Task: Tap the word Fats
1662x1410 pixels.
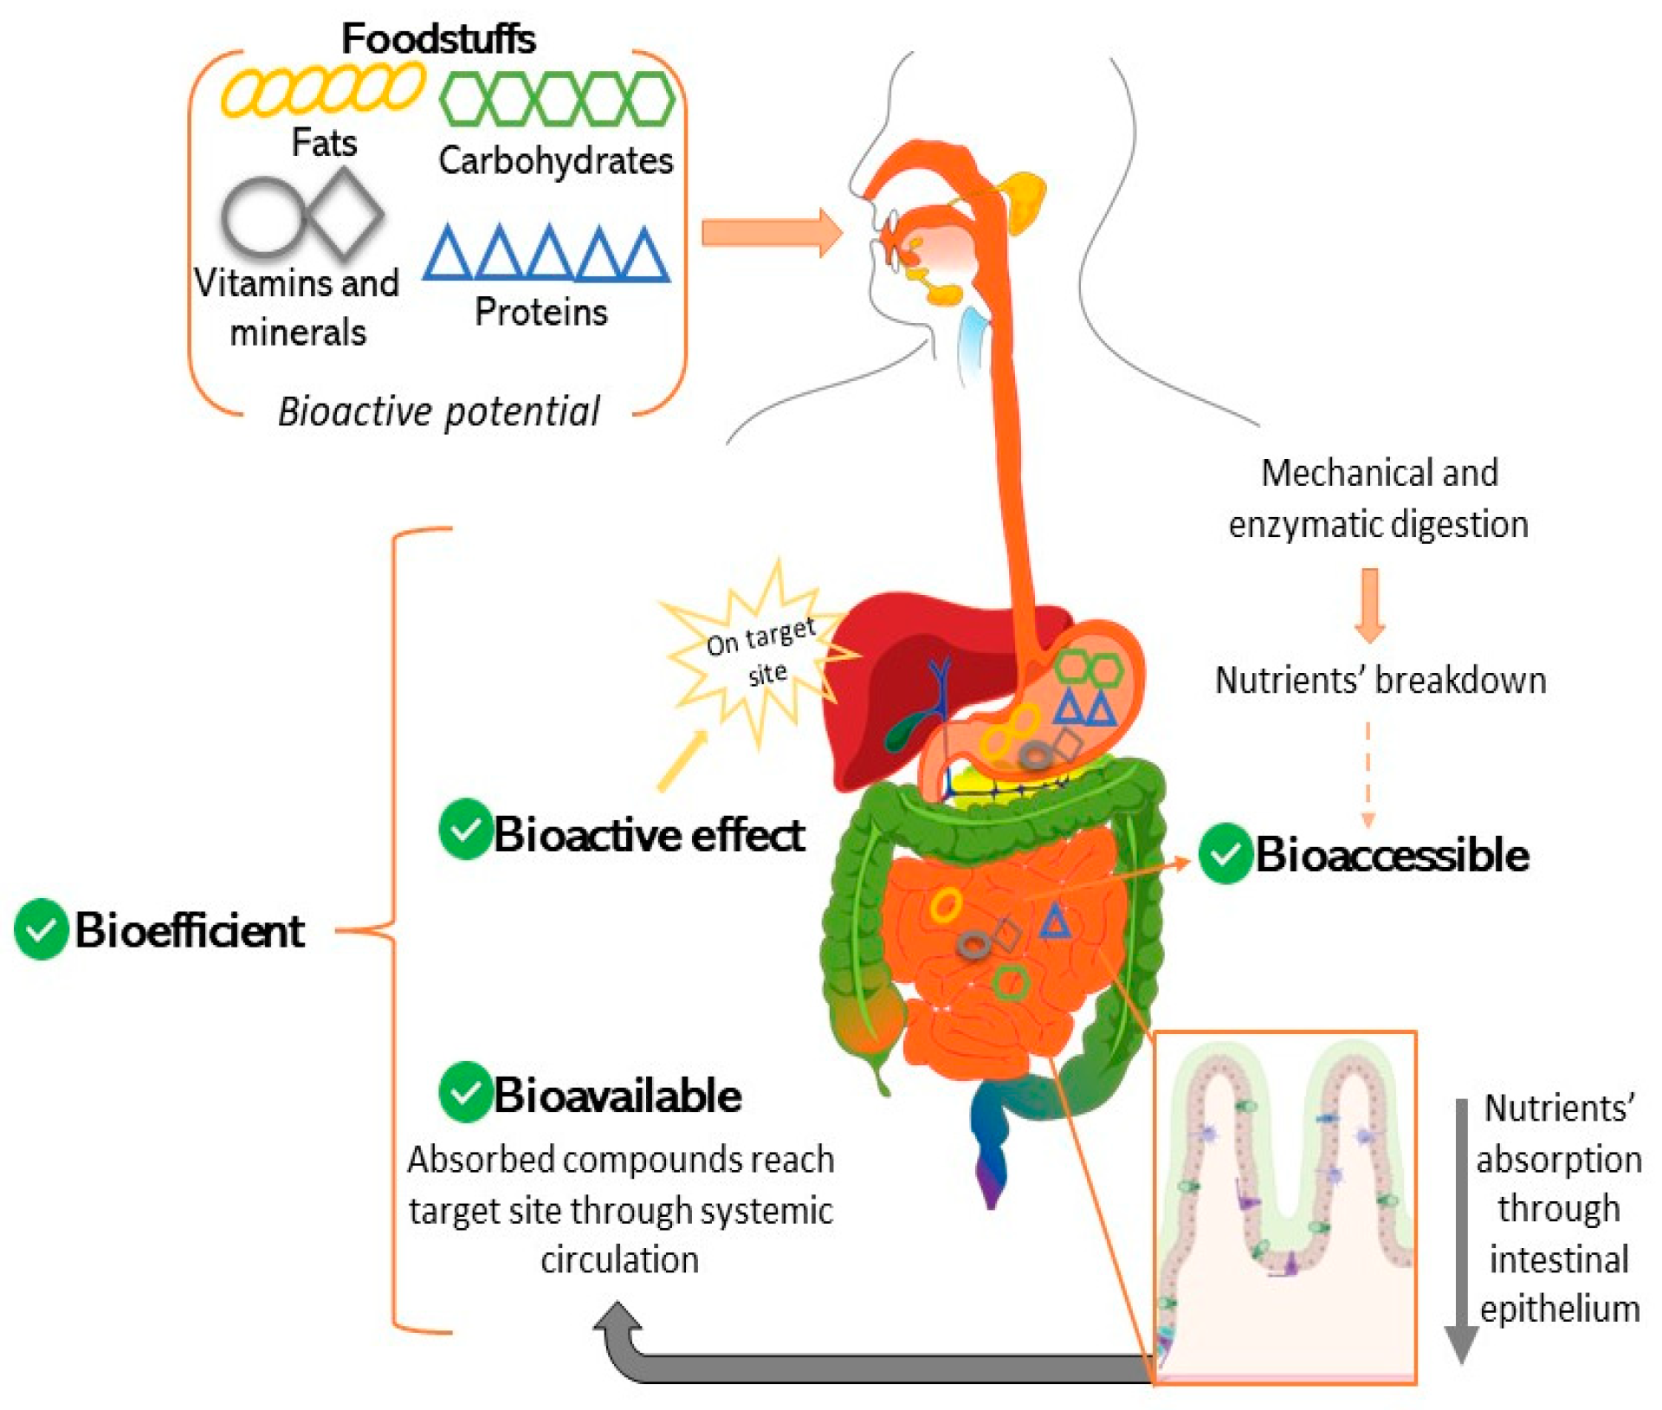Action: [x=324, y=142]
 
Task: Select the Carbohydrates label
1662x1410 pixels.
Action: [x=555, y=161]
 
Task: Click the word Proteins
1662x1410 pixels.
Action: [x=540, y=312]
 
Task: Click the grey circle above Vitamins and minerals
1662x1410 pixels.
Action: [x=262, y=217]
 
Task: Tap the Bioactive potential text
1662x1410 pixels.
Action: [x=438, y=411]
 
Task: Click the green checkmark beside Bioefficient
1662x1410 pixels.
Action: [x=41, y=929]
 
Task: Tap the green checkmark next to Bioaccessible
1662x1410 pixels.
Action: [x=1225, y=854]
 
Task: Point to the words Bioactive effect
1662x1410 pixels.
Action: [x=649, y=835]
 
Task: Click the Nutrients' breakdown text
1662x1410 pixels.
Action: [x=1380, y=681]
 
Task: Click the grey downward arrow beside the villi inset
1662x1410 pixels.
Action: [x=1461, y=1230]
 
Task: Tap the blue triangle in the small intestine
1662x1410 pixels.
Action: [x=1054, y=922]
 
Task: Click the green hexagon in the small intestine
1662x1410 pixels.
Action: [x=1009, y=982]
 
